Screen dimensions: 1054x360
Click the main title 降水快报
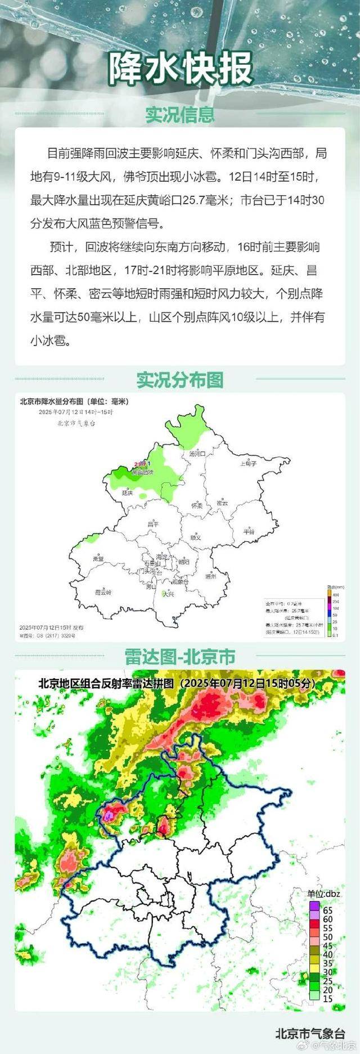(180, 69)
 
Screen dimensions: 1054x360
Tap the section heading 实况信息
(180, 114)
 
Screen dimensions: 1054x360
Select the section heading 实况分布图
(180, 380)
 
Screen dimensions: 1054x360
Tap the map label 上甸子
(248, 464)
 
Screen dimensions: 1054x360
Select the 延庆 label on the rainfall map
(128, 493)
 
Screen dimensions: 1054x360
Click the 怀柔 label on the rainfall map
(196, 505)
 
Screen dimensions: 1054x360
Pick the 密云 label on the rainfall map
(223, 503)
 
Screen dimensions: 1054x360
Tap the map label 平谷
(249, 531)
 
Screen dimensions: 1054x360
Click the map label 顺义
(195, 537)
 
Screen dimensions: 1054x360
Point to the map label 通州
(211, 576)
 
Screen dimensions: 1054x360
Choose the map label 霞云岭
(103, 592)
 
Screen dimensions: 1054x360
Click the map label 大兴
(167, 594)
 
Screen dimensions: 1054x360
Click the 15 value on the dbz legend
(328, 998)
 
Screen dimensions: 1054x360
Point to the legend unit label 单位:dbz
(323, 893)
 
